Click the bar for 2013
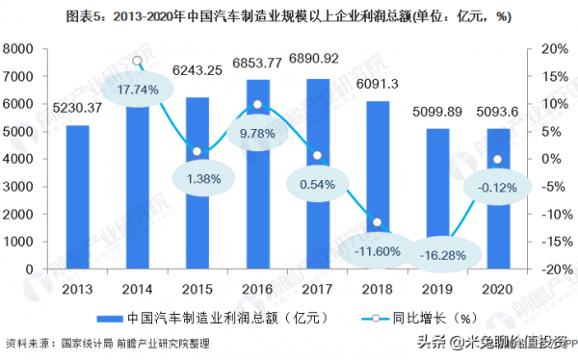(x=77, y=198)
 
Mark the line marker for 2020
(x=497, y=160)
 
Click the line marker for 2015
(x=197, y=151)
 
